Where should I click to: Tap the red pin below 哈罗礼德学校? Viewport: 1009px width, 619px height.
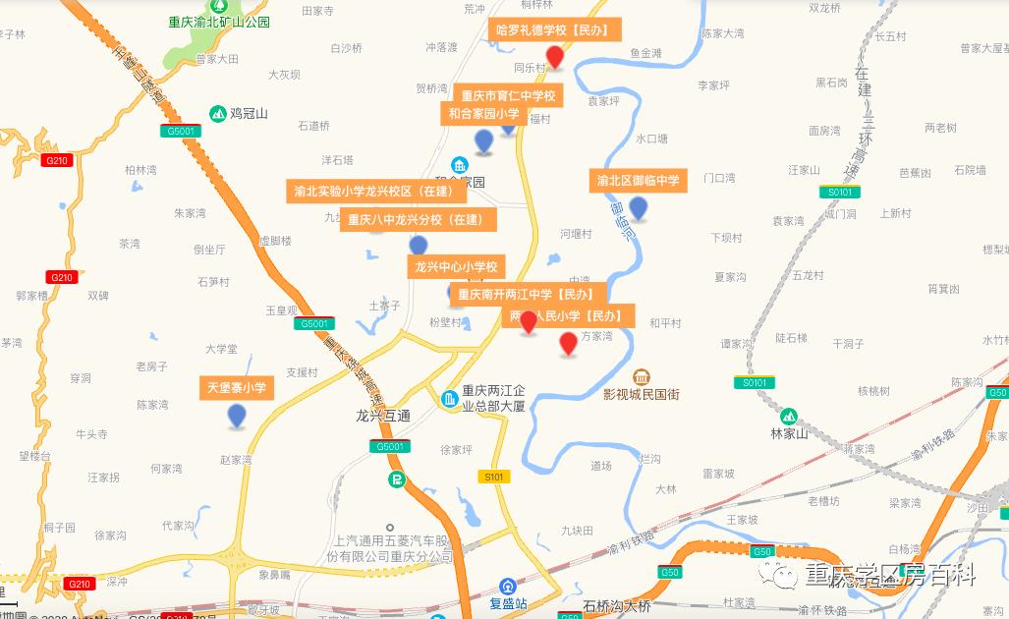(x=555, y=57)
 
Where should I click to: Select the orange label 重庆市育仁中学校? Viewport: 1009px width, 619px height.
(x=508, y=96)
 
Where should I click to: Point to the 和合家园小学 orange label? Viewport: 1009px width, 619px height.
(x=484, y=114)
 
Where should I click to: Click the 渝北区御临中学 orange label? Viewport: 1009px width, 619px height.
(x=639, y=181)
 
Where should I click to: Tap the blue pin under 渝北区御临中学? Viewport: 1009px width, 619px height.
(x=639, y=208)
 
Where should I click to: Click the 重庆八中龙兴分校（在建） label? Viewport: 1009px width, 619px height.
(x=417, y=220)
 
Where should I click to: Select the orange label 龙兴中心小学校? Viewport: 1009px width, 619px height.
(x=456, y=267)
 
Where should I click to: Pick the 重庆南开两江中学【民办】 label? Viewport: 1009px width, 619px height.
(x=527, y=294)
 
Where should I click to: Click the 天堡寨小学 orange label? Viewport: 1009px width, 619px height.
(x=237, y=388)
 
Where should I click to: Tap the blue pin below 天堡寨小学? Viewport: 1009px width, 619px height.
(x=237, y=416)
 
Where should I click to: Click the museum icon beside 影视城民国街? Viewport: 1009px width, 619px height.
(x=643, y=377)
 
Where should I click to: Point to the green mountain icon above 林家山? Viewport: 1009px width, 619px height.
(x=788, y=416)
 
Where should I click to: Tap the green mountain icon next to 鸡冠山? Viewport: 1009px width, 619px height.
(x=216, y=113)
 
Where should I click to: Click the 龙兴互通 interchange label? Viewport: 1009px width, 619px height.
(x=383, y=416)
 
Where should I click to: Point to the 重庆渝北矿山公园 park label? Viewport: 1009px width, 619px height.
(x=218, y=22)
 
